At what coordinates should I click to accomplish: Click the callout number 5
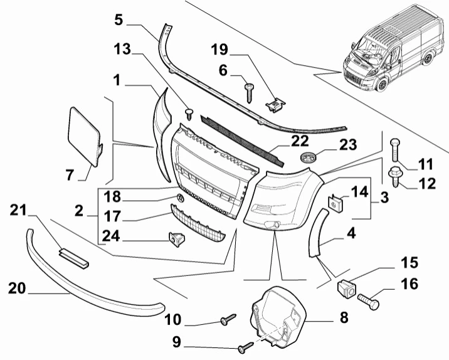[119, 20]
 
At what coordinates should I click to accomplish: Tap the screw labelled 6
[249, 93]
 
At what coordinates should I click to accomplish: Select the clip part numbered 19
[275, 105]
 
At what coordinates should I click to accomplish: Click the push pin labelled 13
[189, 114]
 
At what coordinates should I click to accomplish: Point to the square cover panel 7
[85, 136]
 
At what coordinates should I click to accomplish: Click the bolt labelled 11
[395, 150]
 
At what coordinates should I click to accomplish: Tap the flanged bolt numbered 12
[394, 176]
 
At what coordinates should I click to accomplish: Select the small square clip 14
[336, 203]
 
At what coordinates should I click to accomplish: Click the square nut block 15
[346, 289]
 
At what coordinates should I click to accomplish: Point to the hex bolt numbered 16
[369, 302]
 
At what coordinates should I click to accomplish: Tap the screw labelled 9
[245, 346]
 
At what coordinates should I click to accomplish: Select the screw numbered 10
[228, 319]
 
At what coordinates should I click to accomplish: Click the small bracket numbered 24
[177, 239]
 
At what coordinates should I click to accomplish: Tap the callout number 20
[17, 289]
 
